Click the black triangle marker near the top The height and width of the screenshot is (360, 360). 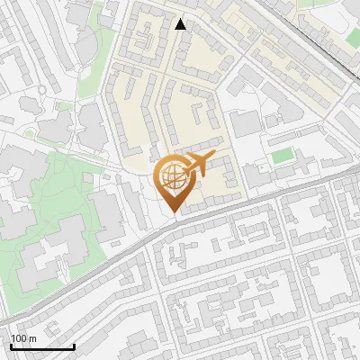click(181, 24)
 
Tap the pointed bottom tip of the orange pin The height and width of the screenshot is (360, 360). click(172, 212)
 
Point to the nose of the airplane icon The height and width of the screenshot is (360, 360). click(212, 157)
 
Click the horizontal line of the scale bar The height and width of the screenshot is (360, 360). click(41, 346)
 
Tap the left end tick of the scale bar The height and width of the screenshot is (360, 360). click(10, 344)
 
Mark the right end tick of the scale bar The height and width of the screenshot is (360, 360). click(74, 344)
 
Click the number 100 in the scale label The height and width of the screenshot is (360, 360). click(19, 338)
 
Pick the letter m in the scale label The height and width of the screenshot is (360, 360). click(32, 338)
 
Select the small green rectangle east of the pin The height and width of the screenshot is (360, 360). click(283, 156)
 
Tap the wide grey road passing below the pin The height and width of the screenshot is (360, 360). click(225, 211)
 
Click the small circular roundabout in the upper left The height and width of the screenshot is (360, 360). click(41, 91)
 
